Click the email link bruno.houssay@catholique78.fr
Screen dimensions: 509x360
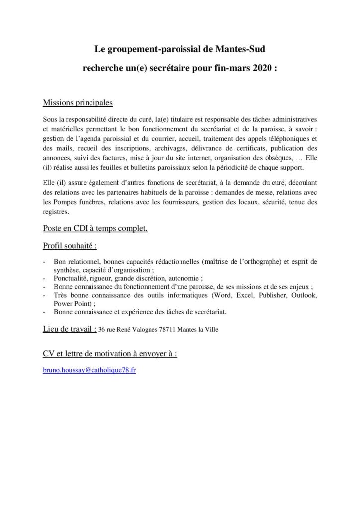coord(89,370)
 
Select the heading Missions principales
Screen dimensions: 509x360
coord(78,103)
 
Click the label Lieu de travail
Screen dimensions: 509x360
coord(70,329)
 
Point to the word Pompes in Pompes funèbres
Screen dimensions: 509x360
coord(63,202)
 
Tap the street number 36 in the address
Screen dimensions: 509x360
coord(102,330)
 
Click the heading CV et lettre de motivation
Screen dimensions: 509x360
coord(110,353)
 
